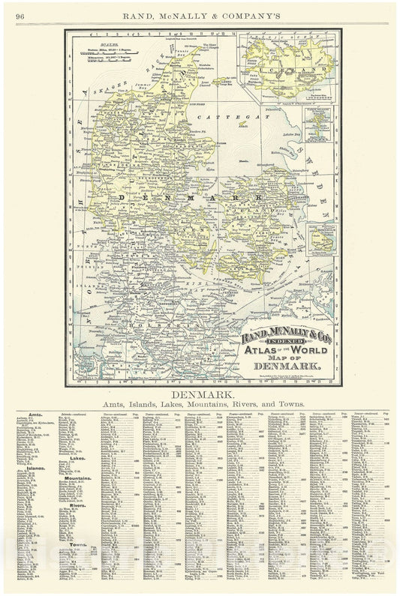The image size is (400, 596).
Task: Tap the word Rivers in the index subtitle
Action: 254,404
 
